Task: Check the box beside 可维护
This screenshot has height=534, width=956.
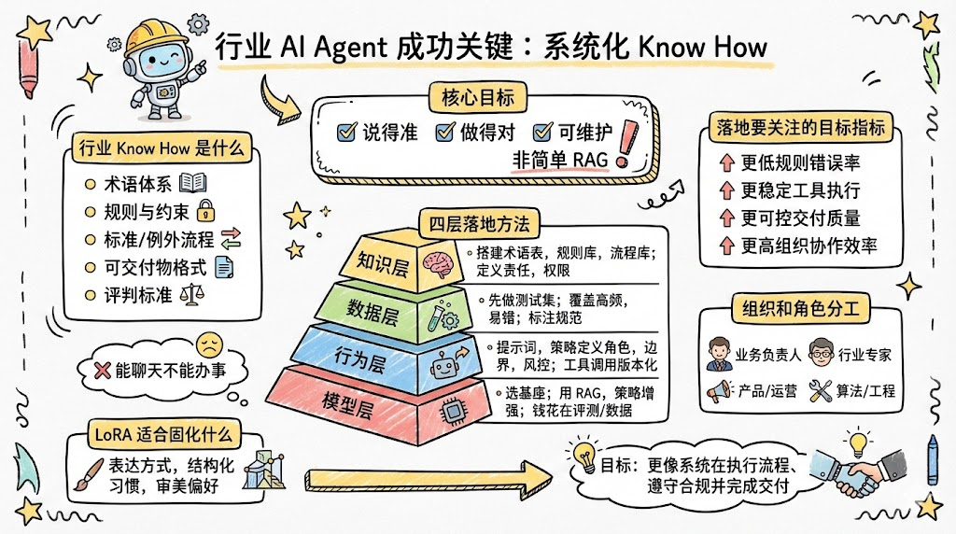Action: [543, 133]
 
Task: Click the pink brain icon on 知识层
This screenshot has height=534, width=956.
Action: [436, 261]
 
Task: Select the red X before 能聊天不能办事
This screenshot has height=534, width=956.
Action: [104, 371]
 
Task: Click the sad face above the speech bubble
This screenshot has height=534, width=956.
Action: [208, 343]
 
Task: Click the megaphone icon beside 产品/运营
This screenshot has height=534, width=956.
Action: [718, 391]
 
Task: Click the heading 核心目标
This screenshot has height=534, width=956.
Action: [471, 97]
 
